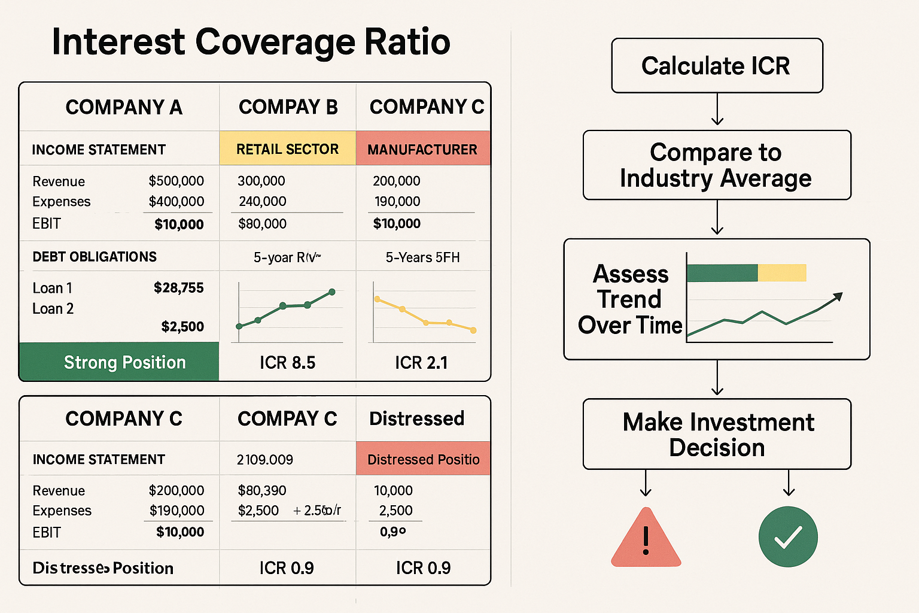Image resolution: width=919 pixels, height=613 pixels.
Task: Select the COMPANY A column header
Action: tap(124, 107)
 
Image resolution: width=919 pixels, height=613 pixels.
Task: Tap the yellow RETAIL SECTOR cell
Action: tap(288, 149)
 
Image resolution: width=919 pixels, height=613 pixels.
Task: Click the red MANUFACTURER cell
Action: tap(422, 149)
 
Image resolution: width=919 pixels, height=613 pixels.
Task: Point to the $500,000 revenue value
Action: tap(176, 181)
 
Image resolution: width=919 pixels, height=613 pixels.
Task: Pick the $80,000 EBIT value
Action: tap(262, 224)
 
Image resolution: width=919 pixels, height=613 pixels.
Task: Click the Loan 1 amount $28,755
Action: tap(178, 288)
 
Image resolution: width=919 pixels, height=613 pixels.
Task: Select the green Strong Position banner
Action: tap(120, 362)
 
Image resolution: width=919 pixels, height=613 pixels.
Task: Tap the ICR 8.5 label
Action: tap(287, 363)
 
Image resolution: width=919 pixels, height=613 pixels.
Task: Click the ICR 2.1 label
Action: tap(421, 363)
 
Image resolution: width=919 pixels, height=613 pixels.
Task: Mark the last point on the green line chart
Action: tap(332, 292)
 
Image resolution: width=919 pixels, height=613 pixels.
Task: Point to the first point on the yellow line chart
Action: tap(377, 299)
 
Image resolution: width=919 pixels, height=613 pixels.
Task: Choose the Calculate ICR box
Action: tap(717, 66)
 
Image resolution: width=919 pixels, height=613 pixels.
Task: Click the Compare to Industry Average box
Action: tap(717, 165)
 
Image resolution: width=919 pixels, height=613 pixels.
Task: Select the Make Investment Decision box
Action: tap(717, 435)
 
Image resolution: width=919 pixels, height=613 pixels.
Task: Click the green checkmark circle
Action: tap(788, 537)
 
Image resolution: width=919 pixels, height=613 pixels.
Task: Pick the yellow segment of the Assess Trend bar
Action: tap(782, 273)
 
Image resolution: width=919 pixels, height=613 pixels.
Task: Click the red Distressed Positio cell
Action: tap(423, 459)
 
